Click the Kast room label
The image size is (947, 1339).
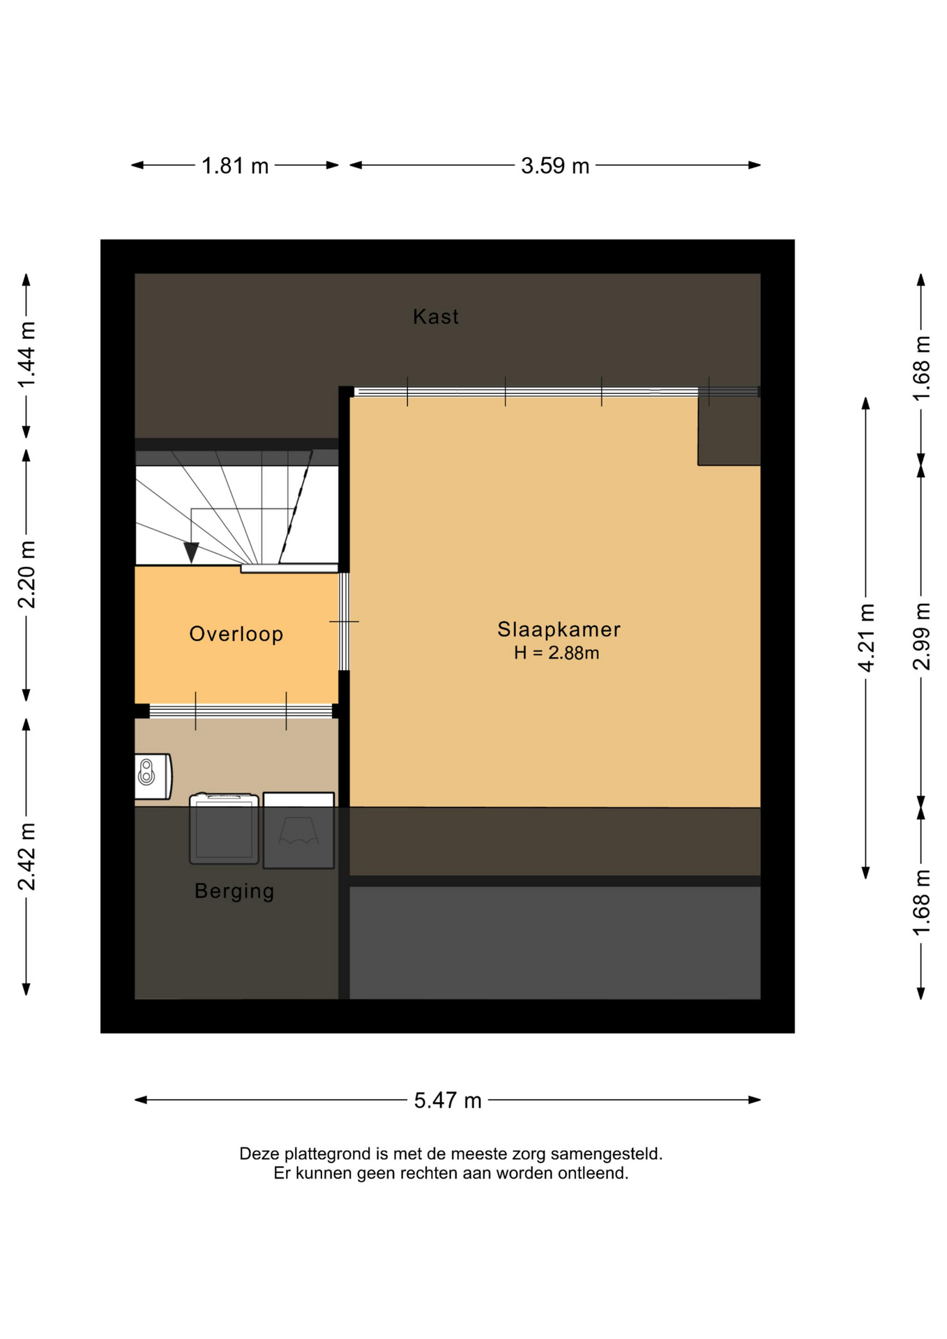(x=435, y=317)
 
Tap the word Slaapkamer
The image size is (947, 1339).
(x=559, y=629)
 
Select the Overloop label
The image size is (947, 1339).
(x=236, y=634)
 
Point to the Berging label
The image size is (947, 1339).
(x=234, y=891)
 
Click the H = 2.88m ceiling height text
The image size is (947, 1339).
(x=556, y=653)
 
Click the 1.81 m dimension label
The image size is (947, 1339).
(x=235, y=166)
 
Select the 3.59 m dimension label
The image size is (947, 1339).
(x=555, y=166)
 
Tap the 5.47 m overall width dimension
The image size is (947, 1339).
(x=448, y=1100)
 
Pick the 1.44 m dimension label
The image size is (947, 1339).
(x=26, y=356)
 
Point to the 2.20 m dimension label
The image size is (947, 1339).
(x=26, y=575)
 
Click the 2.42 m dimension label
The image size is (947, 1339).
(x=26, y=856)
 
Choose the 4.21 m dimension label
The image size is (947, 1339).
(x=866, y=638)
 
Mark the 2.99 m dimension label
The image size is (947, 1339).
(x=921, y=636)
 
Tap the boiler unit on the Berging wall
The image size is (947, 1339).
(x=153, y=776)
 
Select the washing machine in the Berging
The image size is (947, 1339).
(x=224, y=829)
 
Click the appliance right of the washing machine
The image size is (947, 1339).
(x=298, y=831)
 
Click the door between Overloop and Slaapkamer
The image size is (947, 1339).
(x=344, y=621)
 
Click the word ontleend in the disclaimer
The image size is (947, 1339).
(x=598, y=1173)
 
